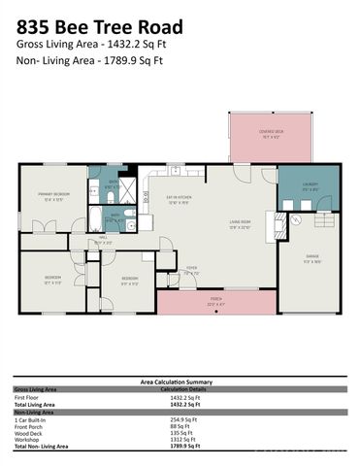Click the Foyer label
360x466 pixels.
click(x=192, y=272)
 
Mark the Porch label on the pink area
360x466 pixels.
click(x=215, y=301)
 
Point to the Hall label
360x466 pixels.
click(x=104, y=240)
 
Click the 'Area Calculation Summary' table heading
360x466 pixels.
click(x=180, y=383)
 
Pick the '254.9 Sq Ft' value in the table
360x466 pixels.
click(x=183, y=418)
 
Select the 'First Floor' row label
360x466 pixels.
click(x=28, y=399)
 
